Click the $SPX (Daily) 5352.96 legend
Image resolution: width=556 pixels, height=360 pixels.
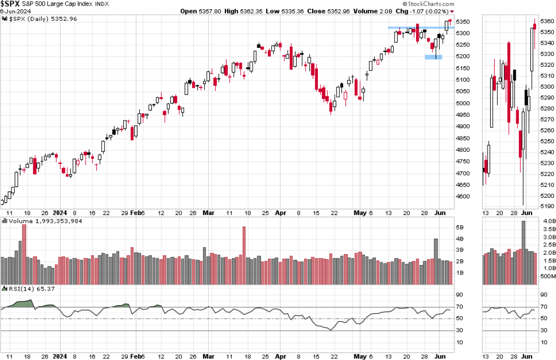[42, 19]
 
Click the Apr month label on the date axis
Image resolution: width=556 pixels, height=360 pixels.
[280, 213]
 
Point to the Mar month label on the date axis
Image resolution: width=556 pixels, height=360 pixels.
[208, 213]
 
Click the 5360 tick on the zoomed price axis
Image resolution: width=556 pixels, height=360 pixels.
[546, 21]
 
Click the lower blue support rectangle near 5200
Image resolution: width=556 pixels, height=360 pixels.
[433, 57]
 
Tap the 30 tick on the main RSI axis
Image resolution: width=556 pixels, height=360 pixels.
[462, 330]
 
